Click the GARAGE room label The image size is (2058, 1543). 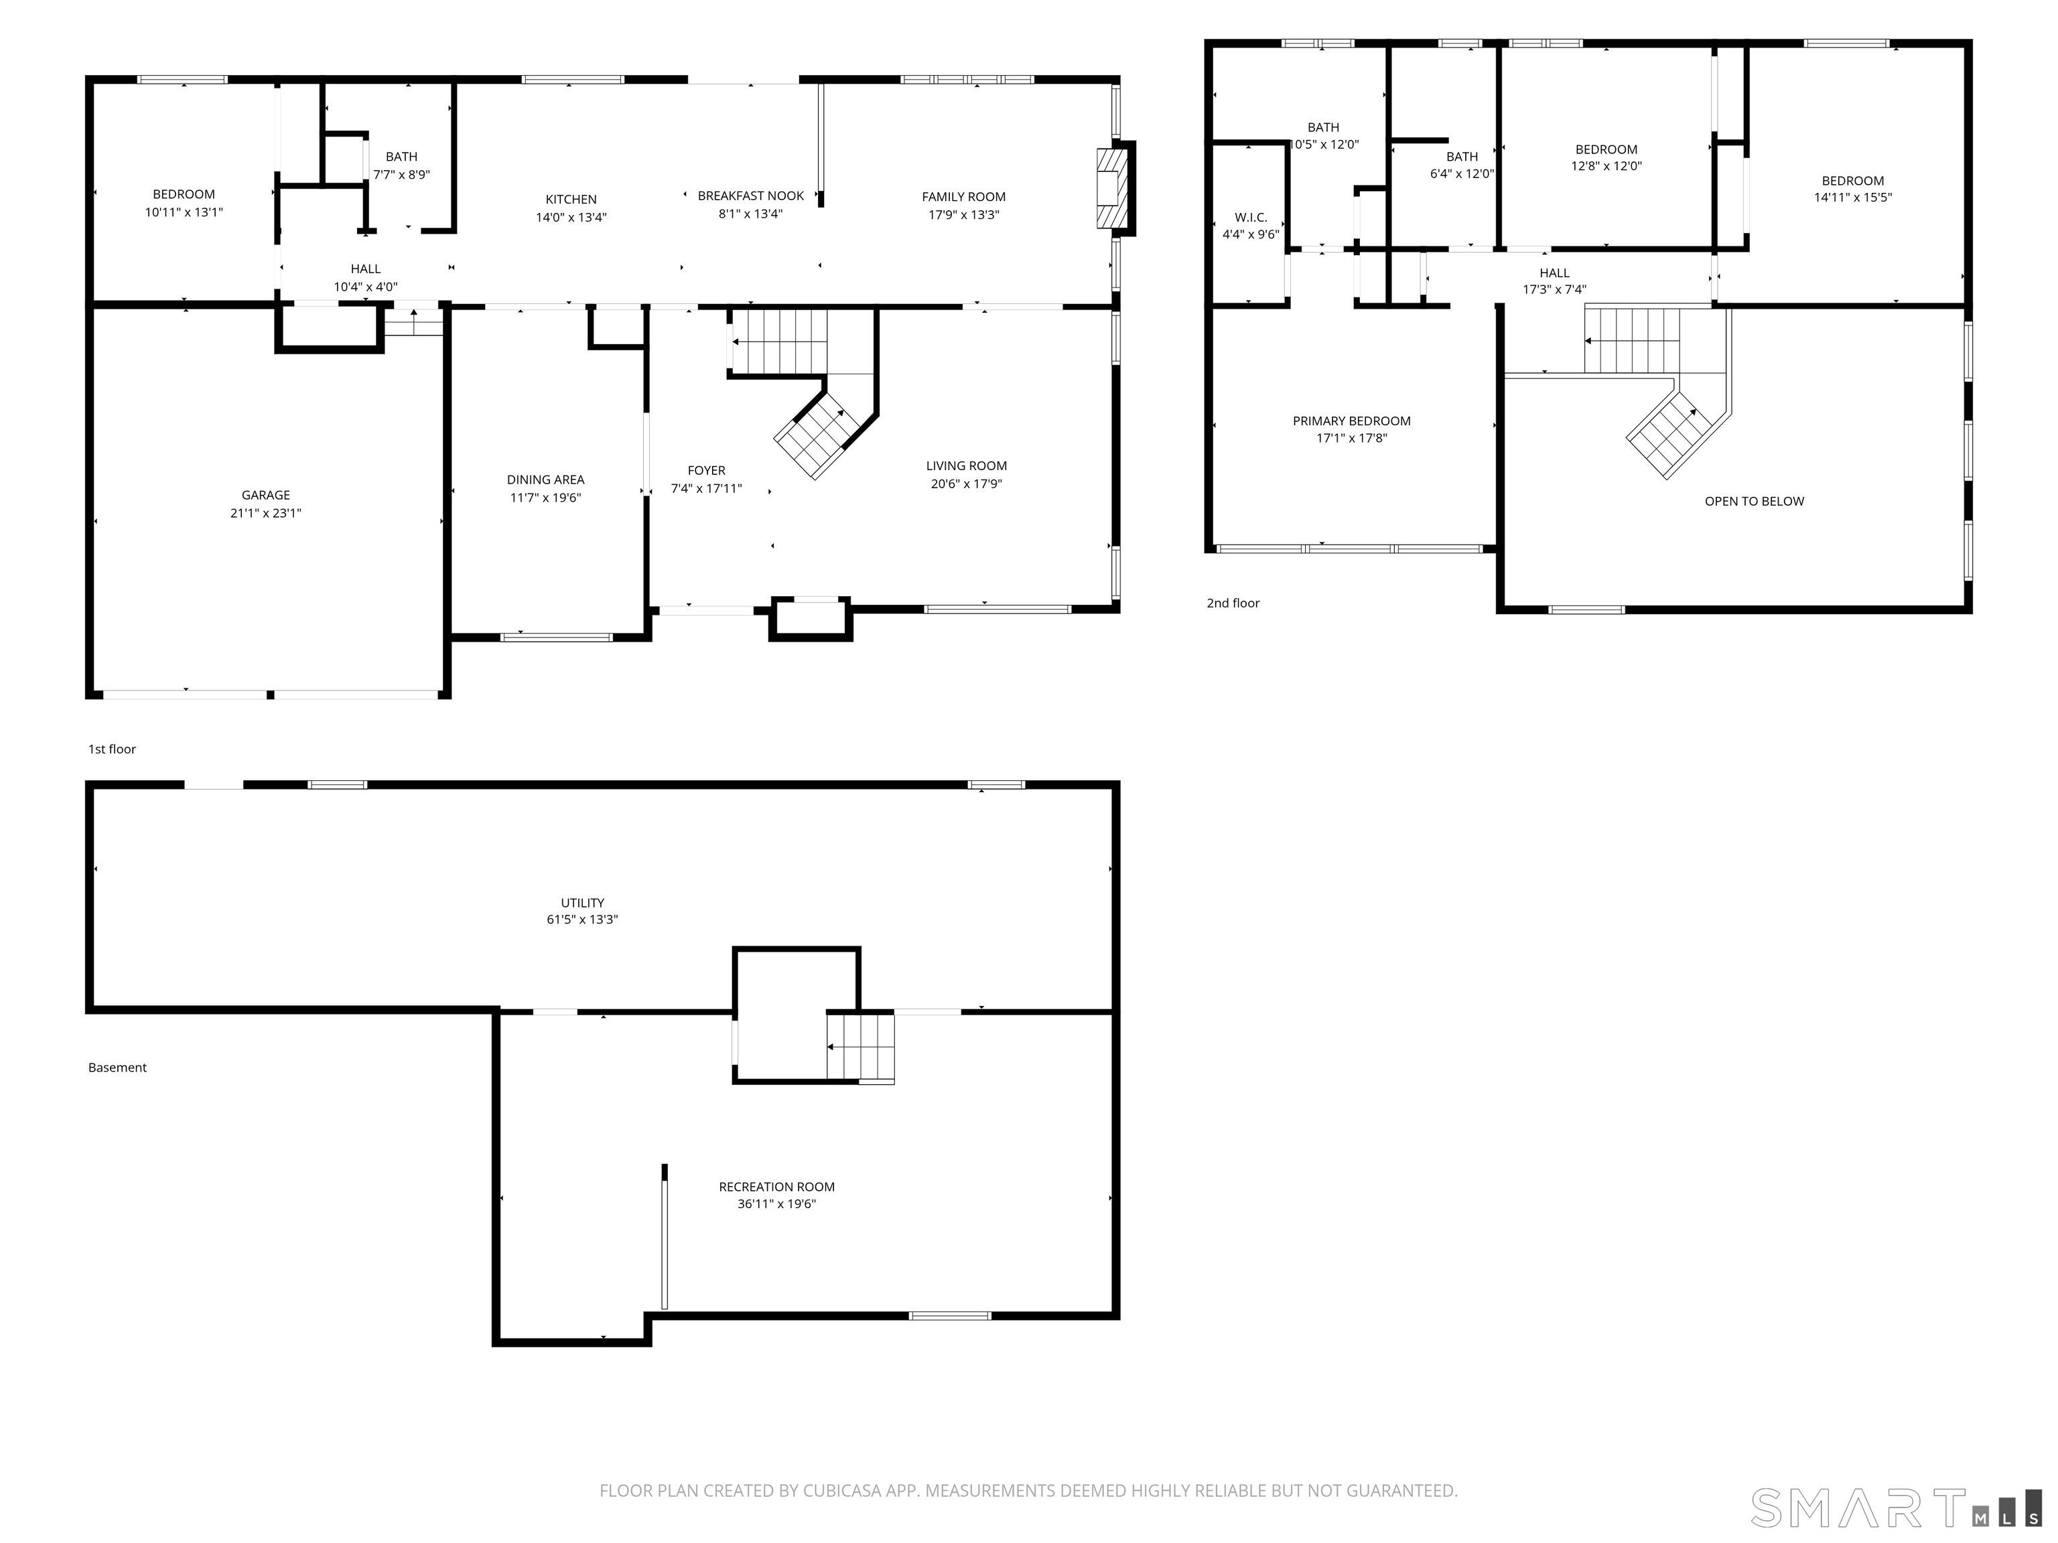tap(266, 495)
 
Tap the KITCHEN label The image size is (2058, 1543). tap(571, 199)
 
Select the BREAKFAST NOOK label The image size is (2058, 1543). tap(751, 196)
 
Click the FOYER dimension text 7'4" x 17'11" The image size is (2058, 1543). tap(706, 488)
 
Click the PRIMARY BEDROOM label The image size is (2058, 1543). tap(1352, 421)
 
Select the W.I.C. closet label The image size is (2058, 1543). tap(1251, 218)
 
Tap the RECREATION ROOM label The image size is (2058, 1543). tap(777, 1187)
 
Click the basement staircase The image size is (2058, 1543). tap(861, 1048)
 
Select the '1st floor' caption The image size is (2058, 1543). tap(112, 749)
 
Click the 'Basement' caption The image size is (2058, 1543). tap(117, 1068)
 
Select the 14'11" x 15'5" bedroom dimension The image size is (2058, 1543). tap(1852, 197)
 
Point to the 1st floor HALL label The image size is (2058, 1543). tap(366, 269)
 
